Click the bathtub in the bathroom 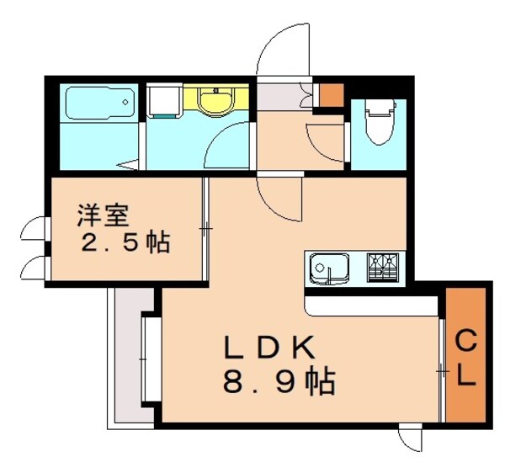tap(99, 104)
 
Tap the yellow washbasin tap(216, 101)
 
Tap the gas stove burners tap(385, 267)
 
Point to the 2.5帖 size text tap(125, 244)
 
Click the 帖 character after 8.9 tap(321, 384)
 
